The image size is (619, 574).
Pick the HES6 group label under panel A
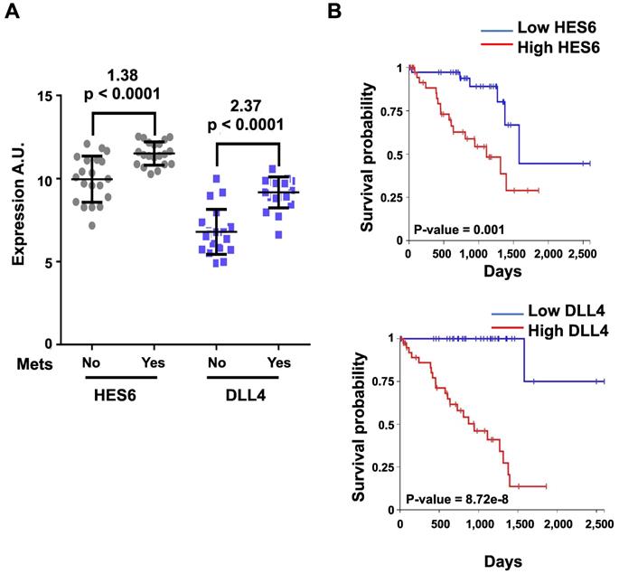tap(123, 395)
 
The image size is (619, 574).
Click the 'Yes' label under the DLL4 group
tap(280, 363)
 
